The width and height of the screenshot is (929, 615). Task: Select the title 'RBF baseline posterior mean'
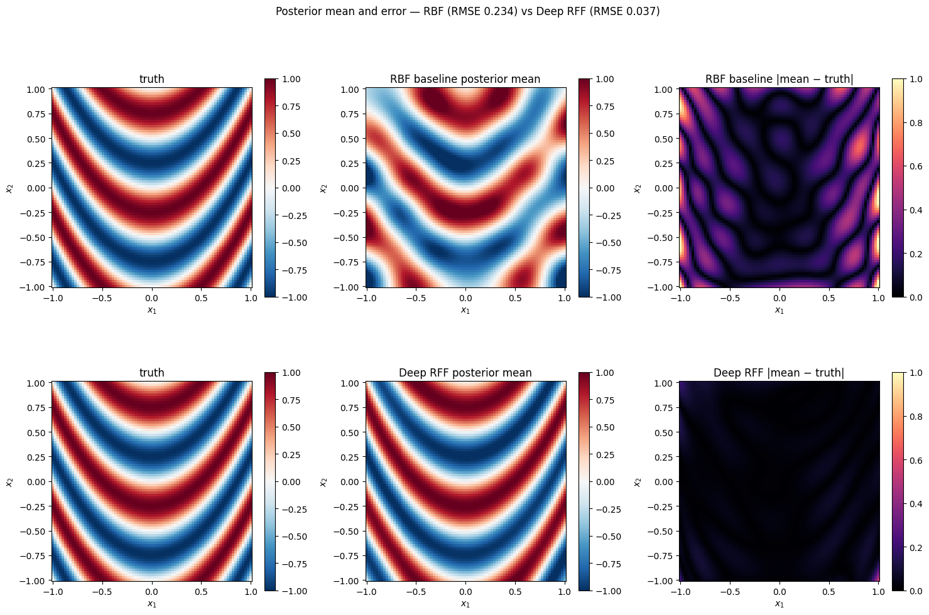coord(465,79)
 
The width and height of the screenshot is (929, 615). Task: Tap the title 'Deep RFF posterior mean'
coord(465,373)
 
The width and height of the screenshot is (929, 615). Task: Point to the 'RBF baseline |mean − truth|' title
coord(779,79)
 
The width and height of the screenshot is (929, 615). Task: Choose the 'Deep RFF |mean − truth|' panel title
coord(779,373)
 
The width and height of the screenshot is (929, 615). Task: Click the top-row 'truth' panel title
coord(151,79)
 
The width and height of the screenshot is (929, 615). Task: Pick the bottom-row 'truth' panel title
coord(151,373)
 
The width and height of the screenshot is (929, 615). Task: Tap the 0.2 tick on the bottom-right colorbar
coord(916,547)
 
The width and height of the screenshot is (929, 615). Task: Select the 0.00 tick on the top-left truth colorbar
coord(291,188)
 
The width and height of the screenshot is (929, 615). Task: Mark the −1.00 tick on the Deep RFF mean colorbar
coord(604,591)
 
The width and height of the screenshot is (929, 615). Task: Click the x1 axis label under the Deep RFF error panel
coord(779,604)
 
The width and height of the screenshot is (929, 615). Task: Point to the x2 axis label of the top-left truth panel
coord(9,188)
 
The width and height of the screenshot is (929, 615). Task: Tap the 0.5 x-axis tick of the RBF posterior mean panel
coord(515,299)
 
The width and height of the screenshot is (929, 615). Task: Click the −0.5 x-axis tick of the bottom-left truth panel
coord(101,592)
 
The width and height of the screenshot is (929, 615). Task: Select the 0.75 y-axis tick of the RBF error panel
coord(663,114)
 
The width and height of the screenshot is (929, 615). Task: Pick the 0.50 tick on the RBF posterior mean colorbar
coord(606,134)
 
